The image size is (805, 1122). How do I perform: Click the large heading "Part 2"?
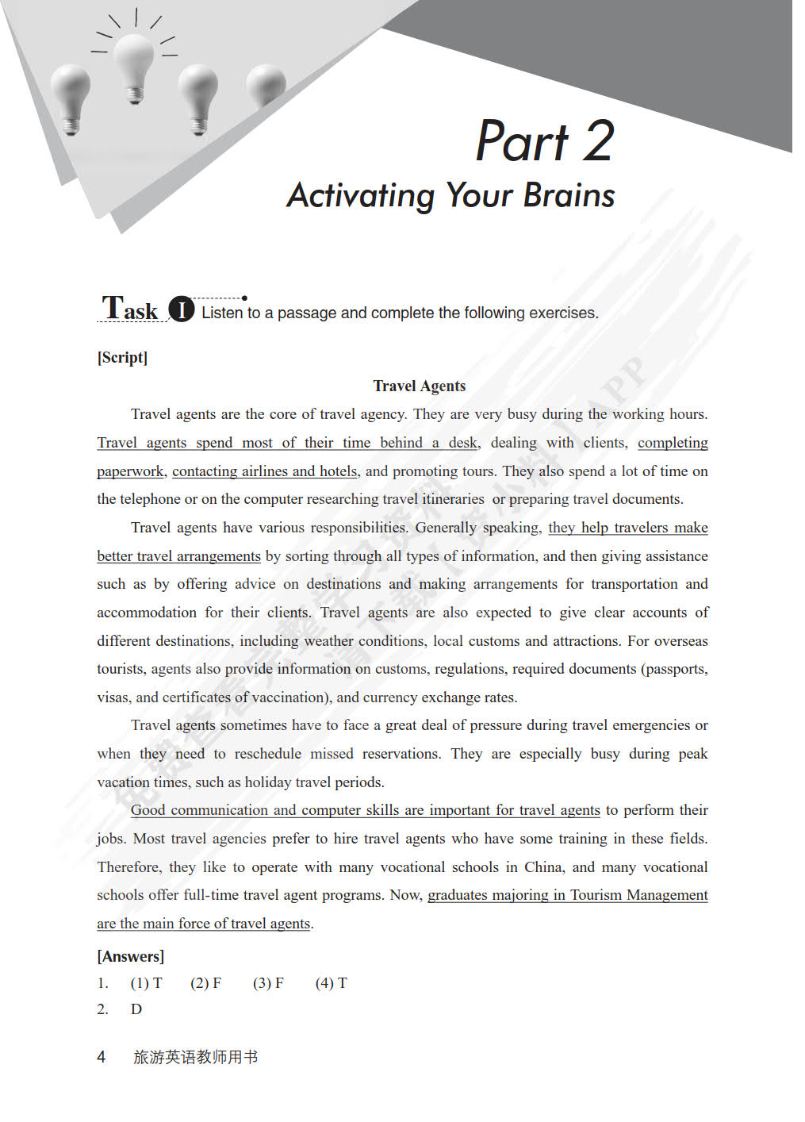coord(545,141)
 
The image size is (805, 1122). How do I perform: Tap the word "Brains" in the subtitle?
coord(569,195)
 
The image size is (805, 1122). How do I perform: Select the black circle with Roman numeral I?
coord(182,309)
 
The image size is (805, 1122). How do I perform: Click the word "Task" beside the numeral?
coord(130,308)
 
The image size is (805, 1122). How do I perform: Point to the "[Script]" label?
coord(122,357)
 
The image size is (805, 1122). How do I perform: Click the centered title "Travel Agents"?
coord(419,386)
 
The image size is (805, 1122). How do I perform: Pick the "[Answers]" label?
coord(130,956)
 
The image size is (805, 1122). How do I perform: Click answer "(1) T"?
coord(146,983)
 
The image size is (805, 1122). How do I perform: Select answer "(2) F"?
coord(205,983)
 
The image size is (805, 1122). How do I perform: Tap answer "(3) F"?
coord(268,983)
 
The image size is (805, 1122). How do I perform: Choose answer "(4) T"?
coord(331,983)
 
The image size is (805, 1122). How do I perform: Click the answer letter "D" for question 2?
coord(136,1009)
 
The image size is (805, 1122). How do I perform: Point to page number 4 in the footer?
coord(101,1057)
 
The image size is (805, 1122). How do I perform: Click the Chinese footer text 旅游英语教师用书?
coord(195,1057)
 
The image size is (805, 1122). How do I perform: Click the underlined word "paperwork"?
coord(130,471)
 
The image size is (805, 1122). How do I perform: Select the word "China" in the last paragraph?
coord(543,866)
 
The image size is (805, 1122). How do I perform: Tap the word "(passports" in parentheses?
coord(673,669)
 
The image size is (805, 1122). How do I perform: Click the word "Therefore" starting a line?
coord(128,866)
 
